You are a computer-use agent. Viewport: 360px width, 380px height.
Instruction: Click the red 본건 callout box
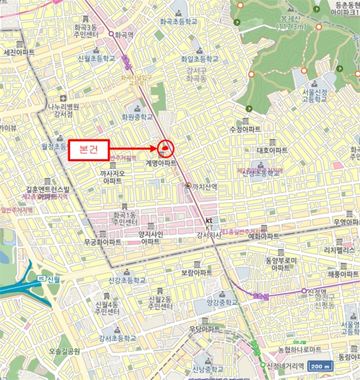tap(90, 149)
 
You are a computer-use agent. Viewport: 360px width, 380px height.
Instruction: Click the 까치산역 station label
tap(205, 186)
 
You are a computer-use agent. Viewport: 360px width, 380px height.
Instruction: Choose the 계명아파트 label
tap(161, 163)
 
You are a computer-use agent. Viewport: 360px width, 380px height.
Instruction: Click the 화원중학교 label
tap(136, 116)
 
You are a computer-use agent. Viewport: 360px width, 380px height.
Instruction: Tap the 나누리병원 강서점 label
tap(63, 110)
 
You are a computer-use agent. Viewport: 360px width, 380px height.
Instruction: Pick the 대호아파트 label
tap(271, 150)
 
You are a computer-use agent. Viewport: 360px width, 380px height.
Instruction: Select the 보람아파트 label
tap(197, 273)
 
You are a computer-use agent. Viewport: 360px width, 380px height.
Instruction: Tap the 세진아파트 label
tap(19, 53)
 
